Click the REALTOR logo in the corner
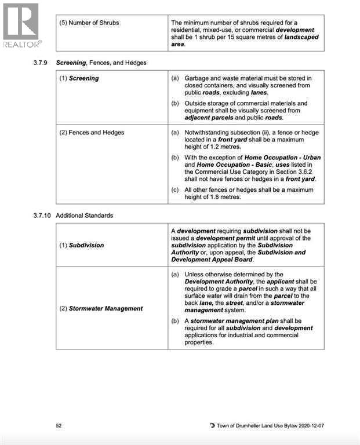click(x=21, y=25)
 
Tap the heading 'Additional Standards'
click(x=84, y=216)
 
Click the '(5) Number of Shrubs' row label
click(x=90, y=23)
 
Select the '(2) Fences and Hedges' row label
click(x=92, y=132)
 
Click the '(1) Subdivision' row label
click(x=82, y=245)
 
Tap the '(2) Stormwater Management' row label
click(x=101, y=308)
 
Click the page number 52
click(x=59, y=425)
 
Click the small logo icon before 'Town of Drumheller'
click(x=212, y=426)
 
